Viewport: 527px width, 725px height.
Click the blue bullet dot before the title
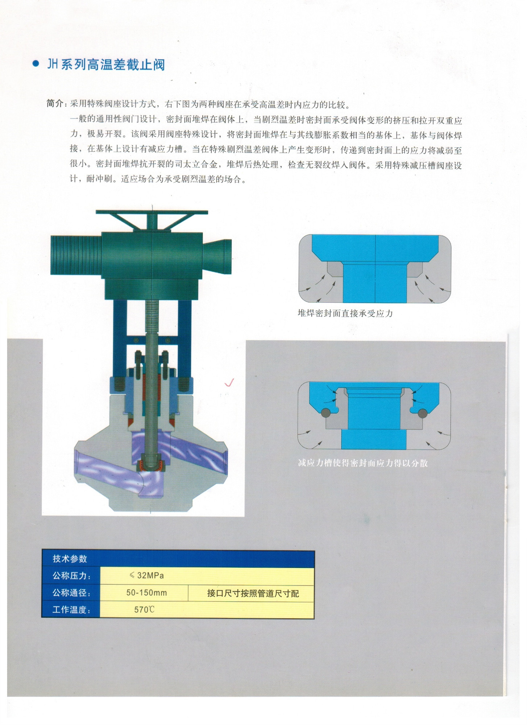(x=36, y=64)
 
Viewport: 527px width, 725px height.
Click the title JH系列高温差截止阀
(x=106, y=65)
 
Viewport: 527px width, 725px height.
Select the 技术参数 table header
(x=70, y=559)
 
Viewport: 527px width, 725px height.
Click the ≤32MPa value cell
(x=146, y=575)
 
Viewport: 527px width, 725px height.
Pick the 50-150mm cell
(x=146, y=593)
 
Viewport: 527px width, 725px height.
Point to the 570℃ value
(x=144, y=610)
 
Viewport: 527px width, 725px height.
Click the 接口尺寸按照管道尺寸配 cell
(x=253, y=593)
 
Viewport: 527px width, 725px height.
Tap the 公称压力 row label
(x=71, y=576)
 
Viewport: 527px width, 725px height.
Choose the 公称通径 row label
(x=71, y=593)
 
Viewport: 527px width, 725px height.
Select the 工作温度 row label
(x=71, y=610)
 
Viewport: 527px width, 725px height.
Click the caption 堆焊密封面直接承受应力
(x=345, y=313)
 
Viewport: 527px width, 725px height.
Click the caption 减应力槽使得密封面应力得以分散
(x=363, y=463)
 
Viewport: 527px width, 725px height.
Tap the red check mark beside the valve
(x=229, y=382)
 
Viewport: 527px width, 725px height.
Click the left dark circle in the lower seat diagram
(x=325, y=413)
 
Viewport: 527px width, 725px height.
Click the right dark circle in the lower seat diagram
(x=422, y=413)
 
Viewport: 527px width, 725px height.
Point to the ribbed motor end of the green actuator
(x=76, y=255)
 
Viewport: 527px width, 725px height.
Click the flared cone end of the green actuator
(x=217, y=256)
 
